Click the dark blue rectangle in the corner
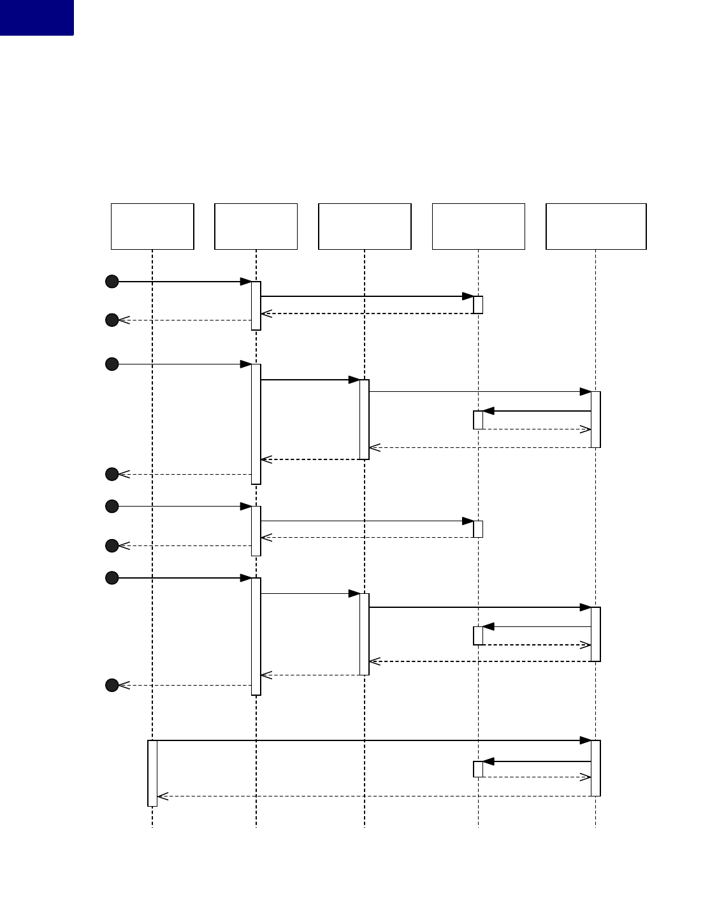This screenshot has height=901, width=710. [36, 17]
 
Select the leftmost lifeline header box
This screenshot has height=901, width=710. [152, 226]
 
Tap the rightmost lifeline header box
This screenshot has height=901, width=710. [596, 226]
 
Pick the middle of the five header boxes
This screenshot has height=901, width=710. [365, 226]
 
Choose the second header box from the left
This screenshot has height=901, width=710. [256, 226]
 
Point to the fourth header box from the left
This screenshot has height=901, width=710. [478, 226]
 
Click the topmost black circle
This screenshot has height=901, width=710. [112, 281]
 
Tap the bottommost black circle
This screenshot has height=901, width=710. [112, 685]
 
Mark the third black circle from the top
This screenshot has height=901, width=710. [112, 364]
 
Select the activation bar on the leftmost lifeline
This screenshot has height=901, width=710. [152, 773]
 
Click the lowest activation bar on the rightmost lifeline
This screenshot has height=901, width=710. [595, 768]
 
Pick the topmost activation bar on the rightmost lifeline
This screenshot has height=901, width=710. [595, 419]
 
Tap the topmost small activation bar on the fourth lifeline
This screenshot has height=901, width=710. [478, 305]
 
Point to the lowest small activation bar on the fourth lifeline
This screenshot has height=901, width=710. [478, 769]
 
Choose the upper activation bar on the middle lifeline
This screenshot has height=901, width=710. [365, 419]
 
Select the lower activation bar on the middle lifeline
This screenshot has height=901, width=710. [365, 634]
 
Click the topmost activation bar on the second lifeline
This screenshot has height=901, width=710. [256, 305]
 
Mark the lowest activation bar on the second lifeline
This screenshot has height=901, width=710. [256, 636]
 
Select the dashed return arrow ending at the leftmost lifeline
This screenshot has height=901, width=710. [376, 796]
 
